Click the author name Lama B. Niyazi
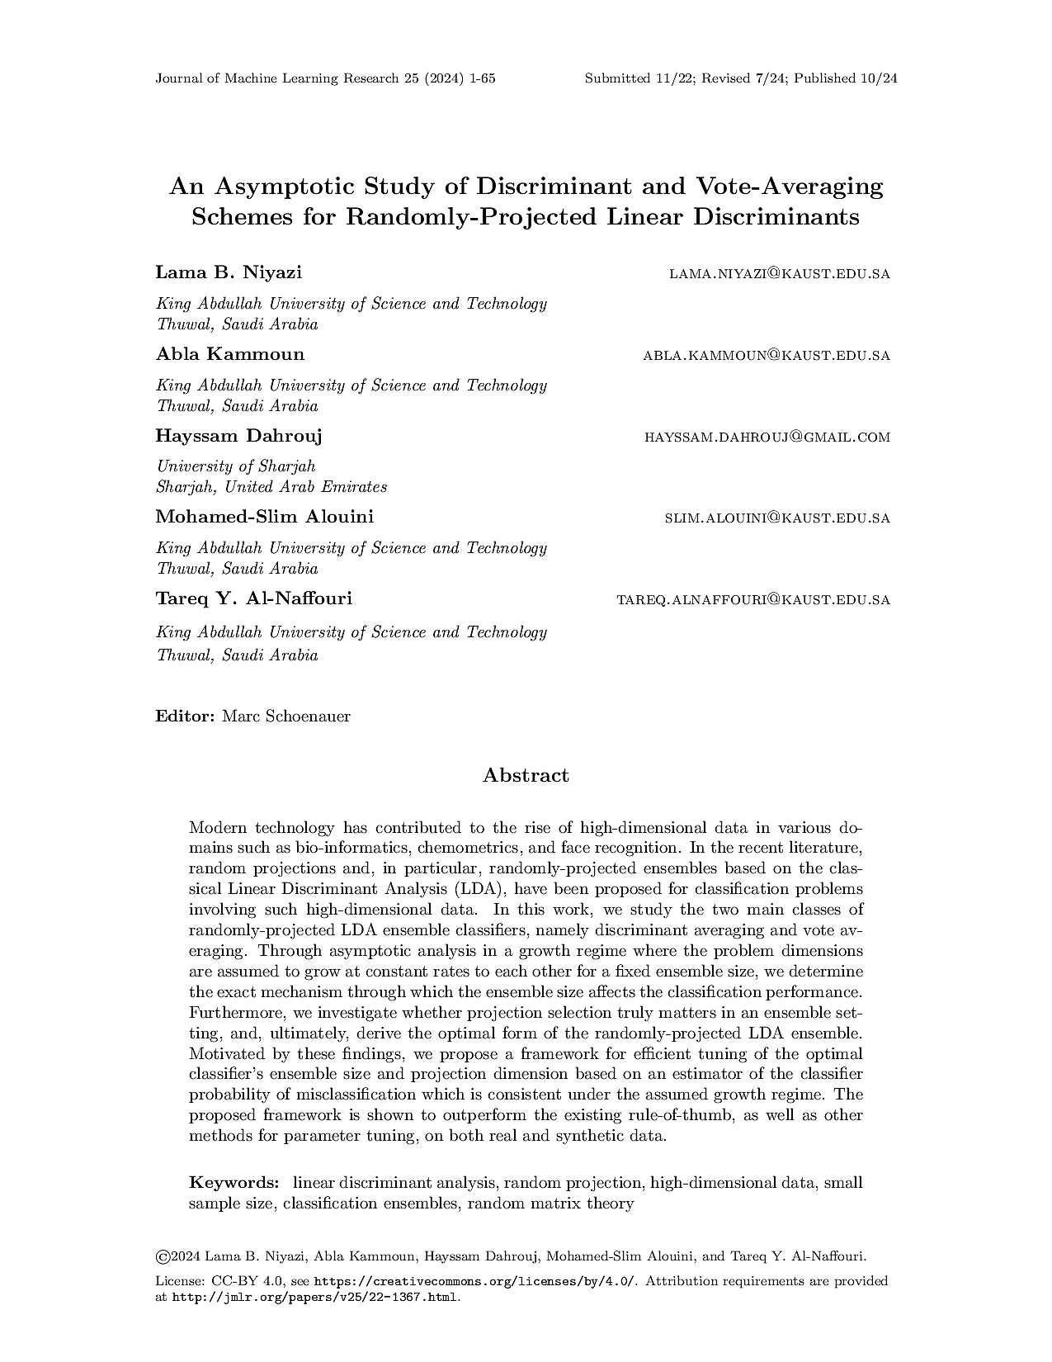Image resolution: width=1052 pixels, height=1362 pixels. pos(229,272)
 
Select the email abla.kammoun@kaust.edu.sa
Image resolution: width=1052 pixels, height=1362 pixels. pos(767,356)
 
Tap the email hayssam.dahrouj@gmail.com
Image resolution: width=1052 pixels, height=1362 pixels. pos(767,437)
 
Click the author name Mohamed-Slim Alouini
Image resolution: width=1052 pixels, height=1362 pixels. pos(264,517)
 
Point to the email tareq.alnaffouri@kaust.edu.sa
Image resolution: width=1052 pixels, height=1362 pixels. pos(753,600)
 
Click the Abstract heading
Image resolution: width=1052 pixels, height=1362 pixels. pos(526,775)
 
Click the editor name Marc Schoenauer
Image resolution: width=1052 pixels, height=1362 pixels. pos(286,716)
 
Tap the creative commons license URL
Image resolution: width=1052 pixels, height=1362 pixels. pos(476,1281)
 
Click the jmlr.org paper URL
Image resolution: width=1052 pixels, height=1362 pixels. pos(314,1297)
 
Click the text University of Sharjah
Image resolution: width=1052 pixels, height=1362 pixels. pos(236,466)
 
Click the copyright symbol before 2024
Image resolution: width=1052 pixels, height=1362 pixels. pos(163,1257)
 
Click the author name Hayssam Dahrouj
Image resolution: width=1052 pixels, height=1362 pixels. pos(238,436)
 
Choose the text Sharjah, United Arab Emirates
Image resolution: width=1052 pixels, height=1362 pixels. pos(271,487)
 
